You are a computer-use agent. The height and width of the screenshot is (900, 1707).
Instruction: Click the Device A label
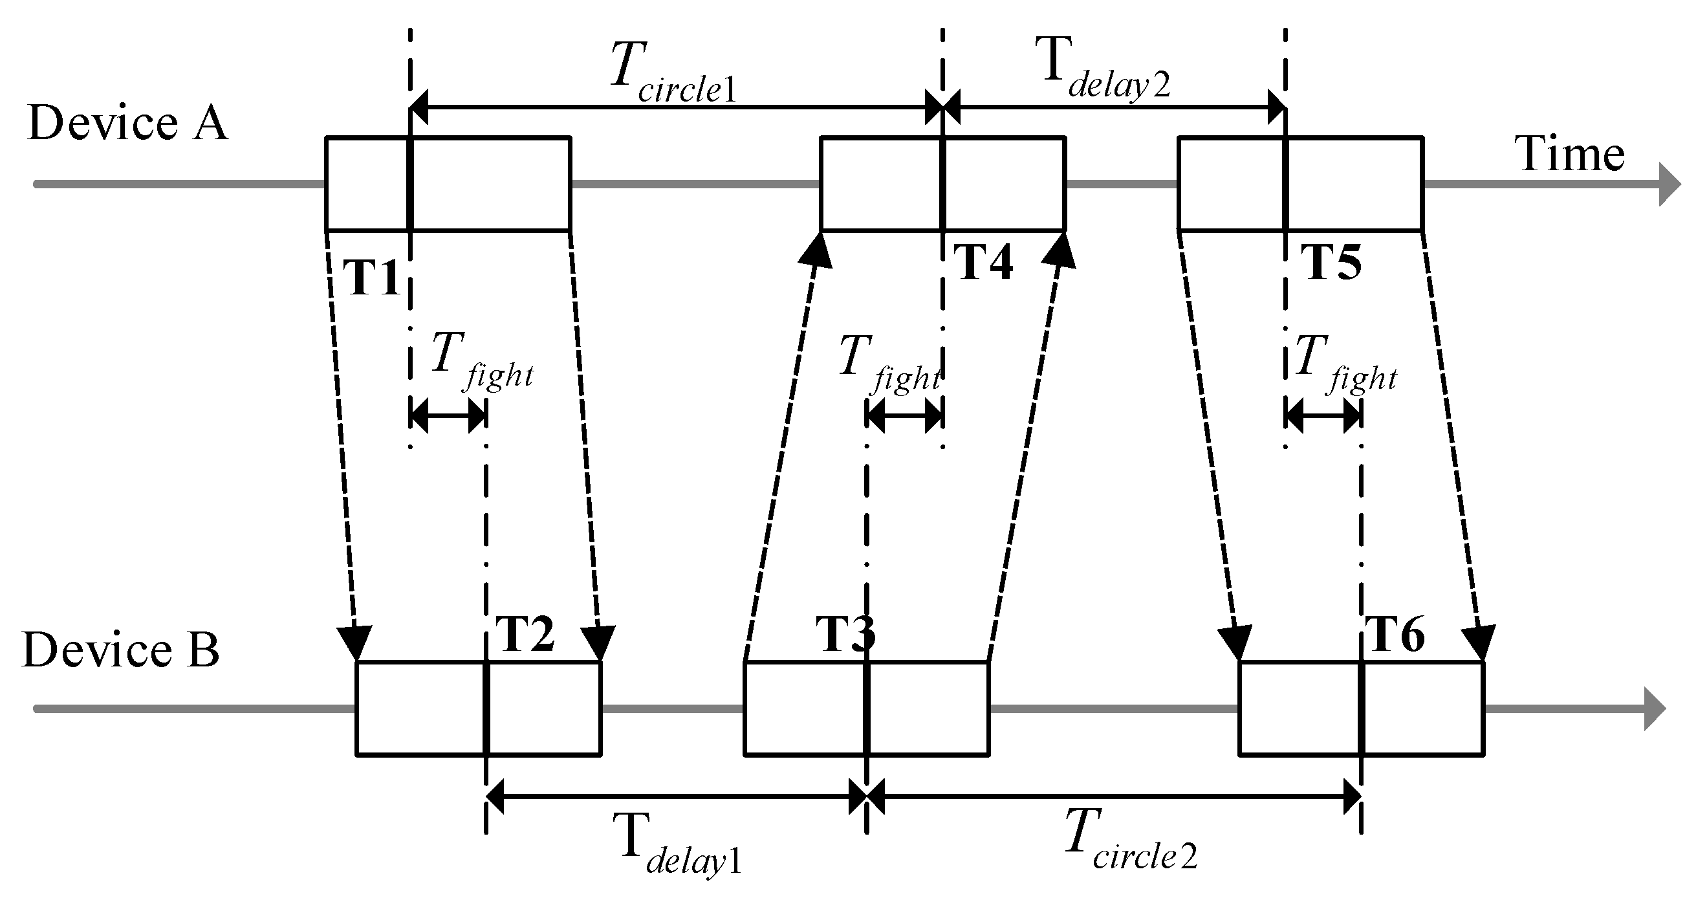[128, 124]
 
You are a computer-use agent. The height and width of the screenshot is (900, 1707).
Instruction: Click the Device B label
[120, 650]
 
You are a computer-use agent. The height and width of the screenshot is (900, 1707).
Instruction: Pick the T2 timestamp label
[524, 634]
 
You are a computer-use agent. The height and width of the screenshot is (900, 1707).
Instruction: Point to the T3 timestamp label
[845, 634]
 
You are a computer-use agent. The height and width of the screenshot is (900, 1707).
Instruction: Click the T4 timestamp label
[983, 263]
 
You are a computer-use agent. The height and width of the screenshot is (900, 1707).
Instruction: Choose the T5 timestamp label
[1332, 263]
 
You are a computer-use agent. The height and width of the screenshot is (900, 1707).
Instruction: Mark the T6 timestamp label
[1396, 634]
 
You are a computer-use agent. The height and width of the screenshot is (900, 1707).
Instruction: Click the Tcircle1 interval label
[673, 73]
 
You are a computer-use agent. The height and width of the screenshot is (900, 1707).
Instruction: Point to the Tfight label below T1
[481, 361]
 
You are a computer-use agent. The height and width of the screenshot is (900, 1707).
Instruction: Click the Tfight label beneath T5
[1345, 364]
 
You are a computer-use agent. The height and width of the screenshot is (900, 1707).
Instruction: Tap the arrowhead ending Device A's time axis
[1669, 184]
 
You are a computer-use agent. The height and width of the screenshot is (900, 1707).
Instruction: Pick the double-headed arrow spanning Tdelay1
[676, 796]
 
